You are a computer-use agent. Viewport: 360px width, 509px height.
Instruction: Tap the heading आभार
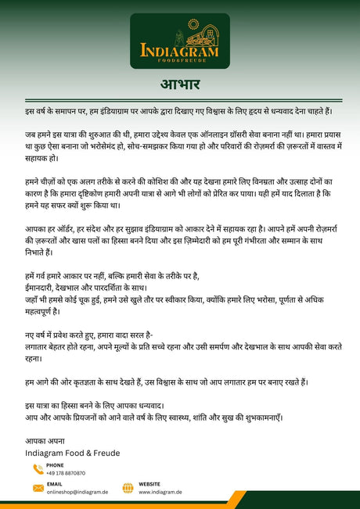pyautogui.click(x=180, y=84)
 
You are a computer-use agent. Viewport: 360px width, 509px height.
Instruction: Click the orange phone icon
pyautogui.click(x=38, y=469)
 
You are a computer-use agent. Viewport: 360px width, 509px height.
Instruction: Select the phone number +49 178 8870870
pyautogui.click(x=66, y=473)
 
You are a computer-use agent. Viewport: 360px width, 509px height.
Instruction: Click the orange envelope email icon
pyautogui.click(x=38, y=488)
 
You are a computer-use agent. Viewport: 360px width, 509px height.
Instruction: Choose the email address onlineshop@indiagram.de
pyautogui.click(x=76, y=492)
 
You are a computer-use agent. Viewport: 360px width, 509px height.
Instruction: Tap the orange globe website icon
pyautogui.click(x=128, y=488)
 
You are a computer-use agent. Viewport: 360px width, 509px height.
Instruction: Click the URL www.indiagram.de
pyautogui.click(x=160, y=492)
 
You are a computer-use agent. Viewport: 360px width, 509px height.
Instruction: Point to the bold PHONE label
pyautogui.click(x=55, y=465)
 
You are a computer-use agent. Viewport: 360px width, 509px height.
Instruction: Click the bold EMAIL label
pyautogui.click(x=54, y=484)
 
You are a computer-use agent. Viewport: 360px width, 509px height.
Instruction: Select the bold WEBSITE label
pyautogui.click(x=149, y=484)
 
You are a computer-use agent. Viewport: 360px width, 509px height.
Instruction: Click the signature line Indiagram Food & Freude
pyautogui.click(x=73, y=453)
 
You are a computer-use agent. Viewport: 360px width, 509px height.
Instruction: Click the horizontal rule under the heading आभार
pyautogui.click(x=180, y=98)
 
